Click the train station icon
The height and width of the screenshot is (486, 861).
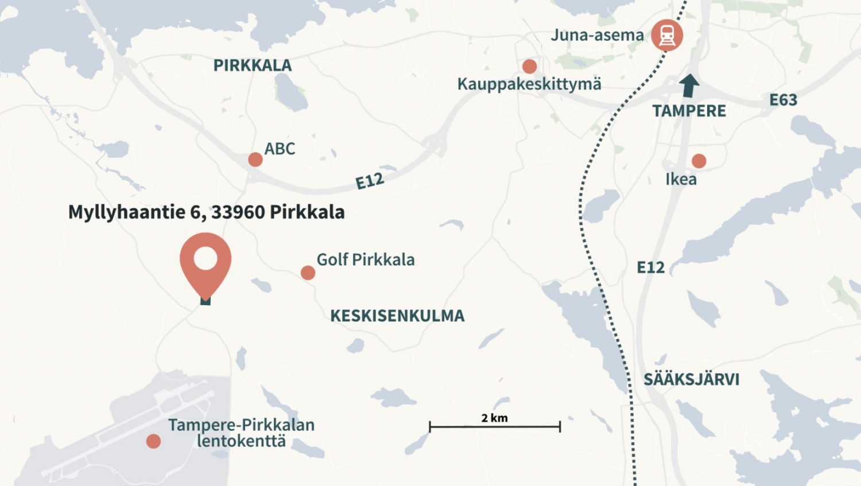[x=666, y=35]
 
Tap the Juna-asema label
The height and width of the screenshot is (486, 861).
[x=597, y=35]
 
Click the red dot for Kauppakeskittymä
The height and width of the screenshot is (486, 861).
[x=529, y=66]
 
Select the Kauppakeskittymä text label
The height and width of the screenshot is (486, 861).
[x=529, y=84]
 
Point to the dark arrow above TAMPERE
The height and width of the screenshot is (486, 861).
[x=689, y=85]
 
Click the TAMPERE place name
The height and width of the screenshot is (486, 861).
[x=689, y=111]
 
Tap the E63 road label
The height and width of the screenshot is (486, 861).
[x=783, y=100]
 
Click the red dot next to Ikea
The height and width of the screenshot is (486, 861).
[x=699, y=161]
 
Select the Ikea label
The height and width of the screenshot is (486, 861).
[x=681, y=179]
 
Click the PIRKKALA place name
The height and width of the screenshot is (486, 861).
[x=253, y=65]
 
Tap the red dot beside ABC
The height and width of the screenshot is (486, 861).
[x=255, y=160]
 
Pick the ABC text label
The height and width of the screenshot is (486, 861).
[x=280, y=149]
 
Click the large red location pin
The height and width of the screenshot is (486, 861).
[x=205, y=262]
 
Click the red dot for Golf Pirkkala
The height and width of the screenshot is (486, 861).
[x=308, y=273]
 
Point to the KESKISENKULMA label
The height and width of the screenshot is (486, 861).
[x=397, y=316]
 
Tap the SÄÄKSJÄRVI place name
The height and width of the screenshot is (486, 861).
[x=691, y=379]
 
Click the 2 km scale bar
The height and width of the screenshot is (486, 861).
[x=495, y=426]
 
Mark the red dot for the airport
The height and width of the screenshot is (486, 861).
[x=153, y=441]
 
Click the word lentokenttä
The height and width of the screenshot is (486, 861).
[x=241, y=441]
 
